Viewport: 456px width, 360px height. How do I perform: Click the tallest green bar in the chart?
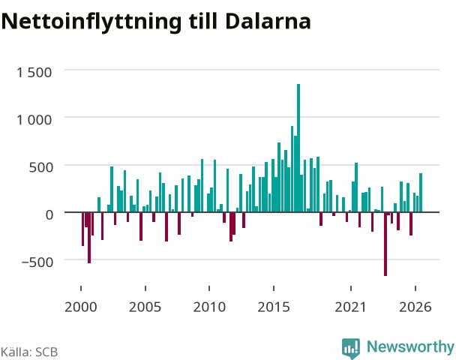pyautogui.click(x=298, y=148)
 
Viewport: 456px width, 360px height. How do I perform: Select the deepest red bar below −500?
pyautogui.click(x=385, y=244)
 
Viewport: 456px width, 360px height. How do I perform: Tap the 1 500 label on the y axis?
pyautogui.click(x=34, y=73)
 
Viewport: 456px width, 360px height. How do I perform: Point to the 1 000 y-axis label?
pyautogui.click(x=34, y=120)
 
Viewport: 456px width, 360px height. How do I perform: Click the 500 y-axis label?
pyautogui.click(x=40, y=167)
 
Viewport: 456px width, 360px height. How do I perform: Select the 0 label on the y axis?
pyautogui.click(x=49, y=215)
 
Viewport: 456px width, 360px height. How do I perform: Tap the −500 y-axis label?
pyautogui.click(x=37, y=262)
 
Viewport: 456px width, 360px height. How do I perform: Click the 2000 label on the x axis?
pyautogui.click(x=80, y=307)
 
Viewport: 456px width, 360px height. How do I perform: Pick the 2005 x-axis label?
pyautogui.click(x=145, y=307)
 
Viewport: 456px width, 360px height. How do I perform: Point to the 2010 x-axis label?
pyautogui.click(x=209, y=307)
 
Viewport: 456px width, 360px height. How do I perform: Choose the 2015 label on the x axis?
pyautogui.click(x=274, y=307)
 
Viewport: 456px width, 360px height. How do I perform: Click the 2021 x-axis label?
pyautogui.click(x=350, y=307)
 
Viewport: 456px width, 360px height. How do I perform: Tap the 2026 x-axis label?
pyautogui.click(x=415, y=307)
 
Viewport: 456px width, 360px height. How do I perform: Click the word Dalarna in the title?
pyautogui.click(x=268, y=21)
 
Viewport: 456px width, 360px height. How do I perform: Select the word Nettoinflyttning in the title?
pyautogui.click(x=91, y=22)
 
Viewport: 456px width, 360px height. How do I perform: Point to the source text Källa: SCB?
pyautogui.click(x=29, y=352)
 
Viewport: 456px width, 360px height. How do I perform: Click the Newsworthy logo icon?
pyautogui.click(x=351, y=348)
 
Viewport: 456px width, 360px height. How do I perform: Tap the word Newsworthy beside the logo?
pyautogui.click(x=410, y=346)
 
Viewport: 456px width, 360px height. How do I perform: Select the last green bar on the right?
pyautogui.click(x=421, y=193)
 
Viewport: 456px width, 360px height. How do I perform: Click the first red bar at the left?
pyautogui.click(x=83, y=229)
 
